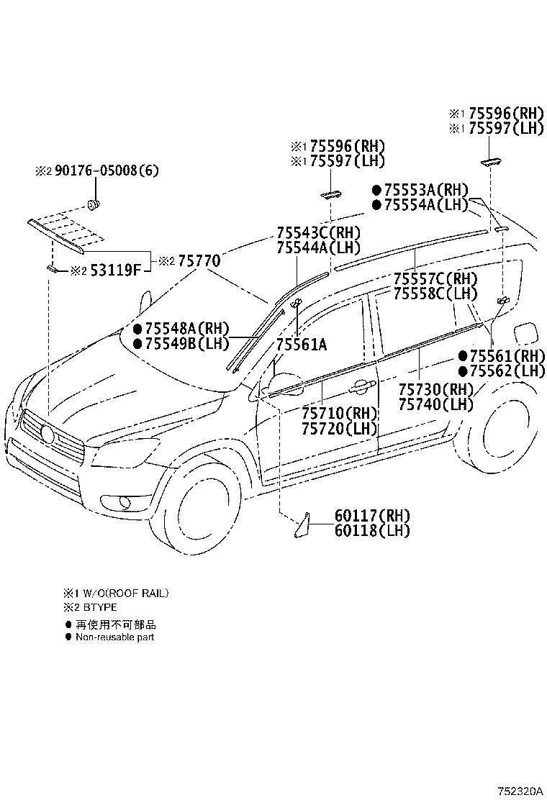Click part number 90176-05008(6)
(107, 171)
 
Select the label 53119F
(116, 270)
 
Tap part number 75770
(196, 260)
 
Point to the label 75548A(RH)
(187, 328)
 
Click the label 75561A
(302, 345)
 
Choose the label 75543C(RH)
(318, 233)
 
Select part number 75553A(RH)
(425, 191)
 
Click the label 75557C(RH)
(435, 278)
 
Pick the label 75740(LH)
(435, 404)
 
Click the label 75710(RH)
(339, 413)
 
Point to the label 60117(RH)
(373, 515)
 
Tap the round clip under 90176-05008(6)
(94, 204)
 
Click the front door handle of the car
(360, 388)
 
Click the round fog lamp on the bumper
(125, 504)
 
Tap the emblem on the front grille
(47, 435)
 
